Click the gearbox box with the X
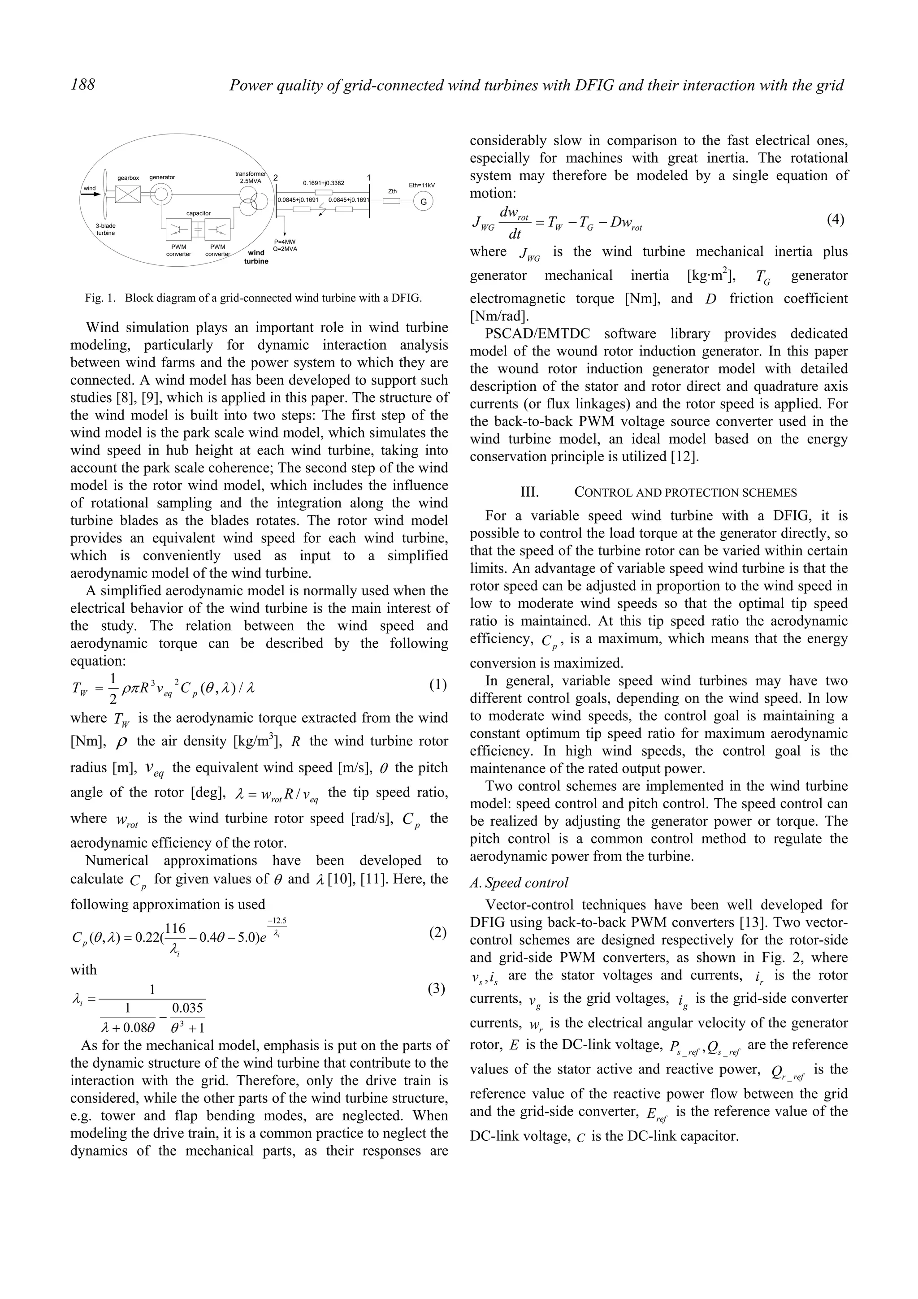coord(128,195)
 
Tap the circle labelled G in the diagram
coord(423,201)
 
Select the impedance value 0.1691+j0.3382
coord(324,183)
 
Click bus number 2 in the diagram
coord(276,178)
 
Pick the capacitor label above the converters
coord(198,213)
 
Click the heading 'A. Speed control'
coord(519,883)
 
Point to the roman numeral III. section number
coord(529,492)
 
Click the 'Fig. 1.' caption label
coord(99,298)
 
